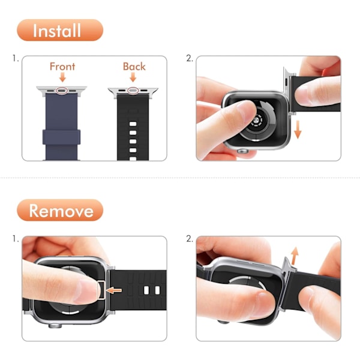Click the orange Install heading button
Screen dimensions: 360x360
click(x=60, y=30)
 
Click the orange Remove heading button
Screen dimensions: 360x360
click(x=60, y=211)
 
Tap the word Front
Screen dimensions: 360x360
click(x=62, y=67)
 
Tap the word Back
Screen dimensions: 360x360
click(x=134, y=67)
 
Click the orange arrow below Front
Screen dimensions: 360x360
click(x=62, y=77)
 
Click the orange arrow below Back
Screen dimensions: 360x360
click(x=133, y=77)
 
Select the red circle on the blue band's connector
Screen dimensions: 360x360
click(x=62, y=91)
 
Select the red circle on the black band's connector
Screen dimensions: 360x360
click(x=133, y=91)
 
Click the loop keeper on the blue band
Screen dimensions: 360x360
click(x=62, y=137)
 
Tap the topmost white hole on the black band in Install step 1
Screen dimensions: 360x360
click(x=133, y=124)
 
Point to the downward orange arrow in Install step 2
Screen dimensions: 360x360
click(x=298, y=130)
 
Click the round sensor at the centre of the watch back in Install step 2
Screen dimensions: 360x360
click(x=257, y=121)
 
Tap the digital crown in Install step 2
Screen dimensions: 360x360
click(x=242, y=151)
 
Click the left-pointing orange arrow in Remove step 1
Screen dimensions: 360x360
click(x=115, y=290)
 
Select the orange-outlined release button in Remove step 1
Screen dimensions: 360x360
click(x=102, y=290)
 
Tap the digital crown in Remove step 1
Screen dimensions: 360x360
click(x=55, y=326)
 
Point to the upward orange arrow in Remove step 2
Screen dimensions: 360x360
click(x=295, y=256)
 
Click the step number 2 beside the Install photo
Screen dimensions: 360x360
click(x=190, y=59)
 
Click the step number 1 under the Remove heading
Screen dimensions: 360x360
click(x=15, y=239)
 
